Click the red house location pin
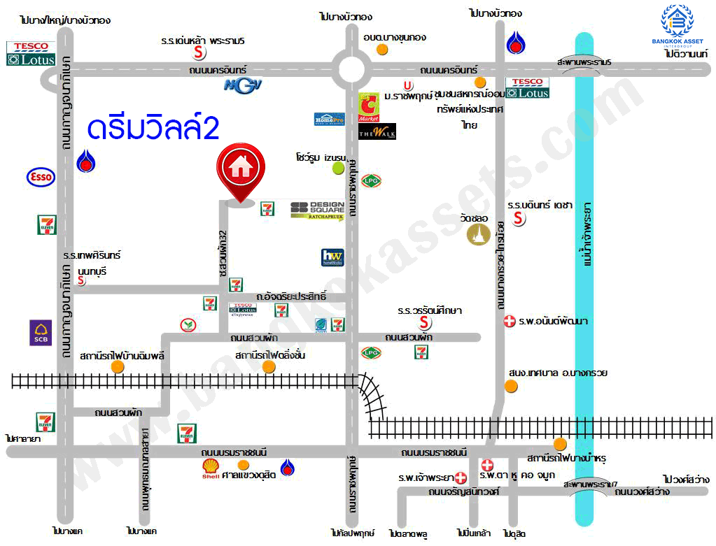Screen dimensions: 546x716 (240, 171)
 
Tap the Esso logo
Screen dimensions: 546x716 (41, 177)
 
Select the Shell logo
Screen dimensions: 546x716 (210, 466)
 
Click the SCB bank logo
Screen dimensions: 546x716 (40, 333)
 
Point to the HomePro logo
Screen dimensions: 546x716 (329, 119)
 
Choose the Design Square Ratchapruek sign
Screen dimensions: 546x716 (317, 210)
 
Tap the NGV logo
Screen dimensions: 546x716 (237, 85)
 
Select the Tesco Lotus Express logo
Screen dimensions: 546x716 (243, 308)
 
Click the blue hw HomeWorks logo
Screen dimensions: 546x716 (332, 257)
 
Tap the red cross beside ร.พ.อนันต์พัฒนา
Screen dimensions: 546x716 (510, 322)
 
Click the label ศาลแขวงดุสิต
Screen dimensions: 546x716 (248, 475)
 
